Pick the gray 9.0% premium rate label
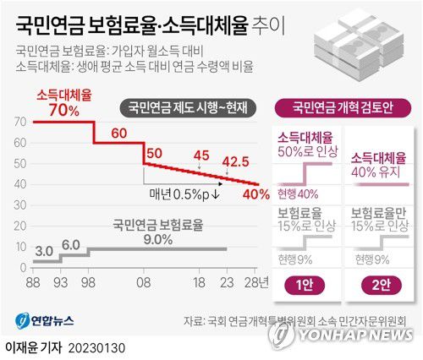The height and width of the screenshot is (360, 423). point(158,239)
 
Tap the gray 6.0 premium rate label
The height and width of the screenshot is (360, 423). point(71,245)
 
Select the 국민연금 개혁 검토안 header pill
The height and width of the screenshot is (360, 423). point(345,106)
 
